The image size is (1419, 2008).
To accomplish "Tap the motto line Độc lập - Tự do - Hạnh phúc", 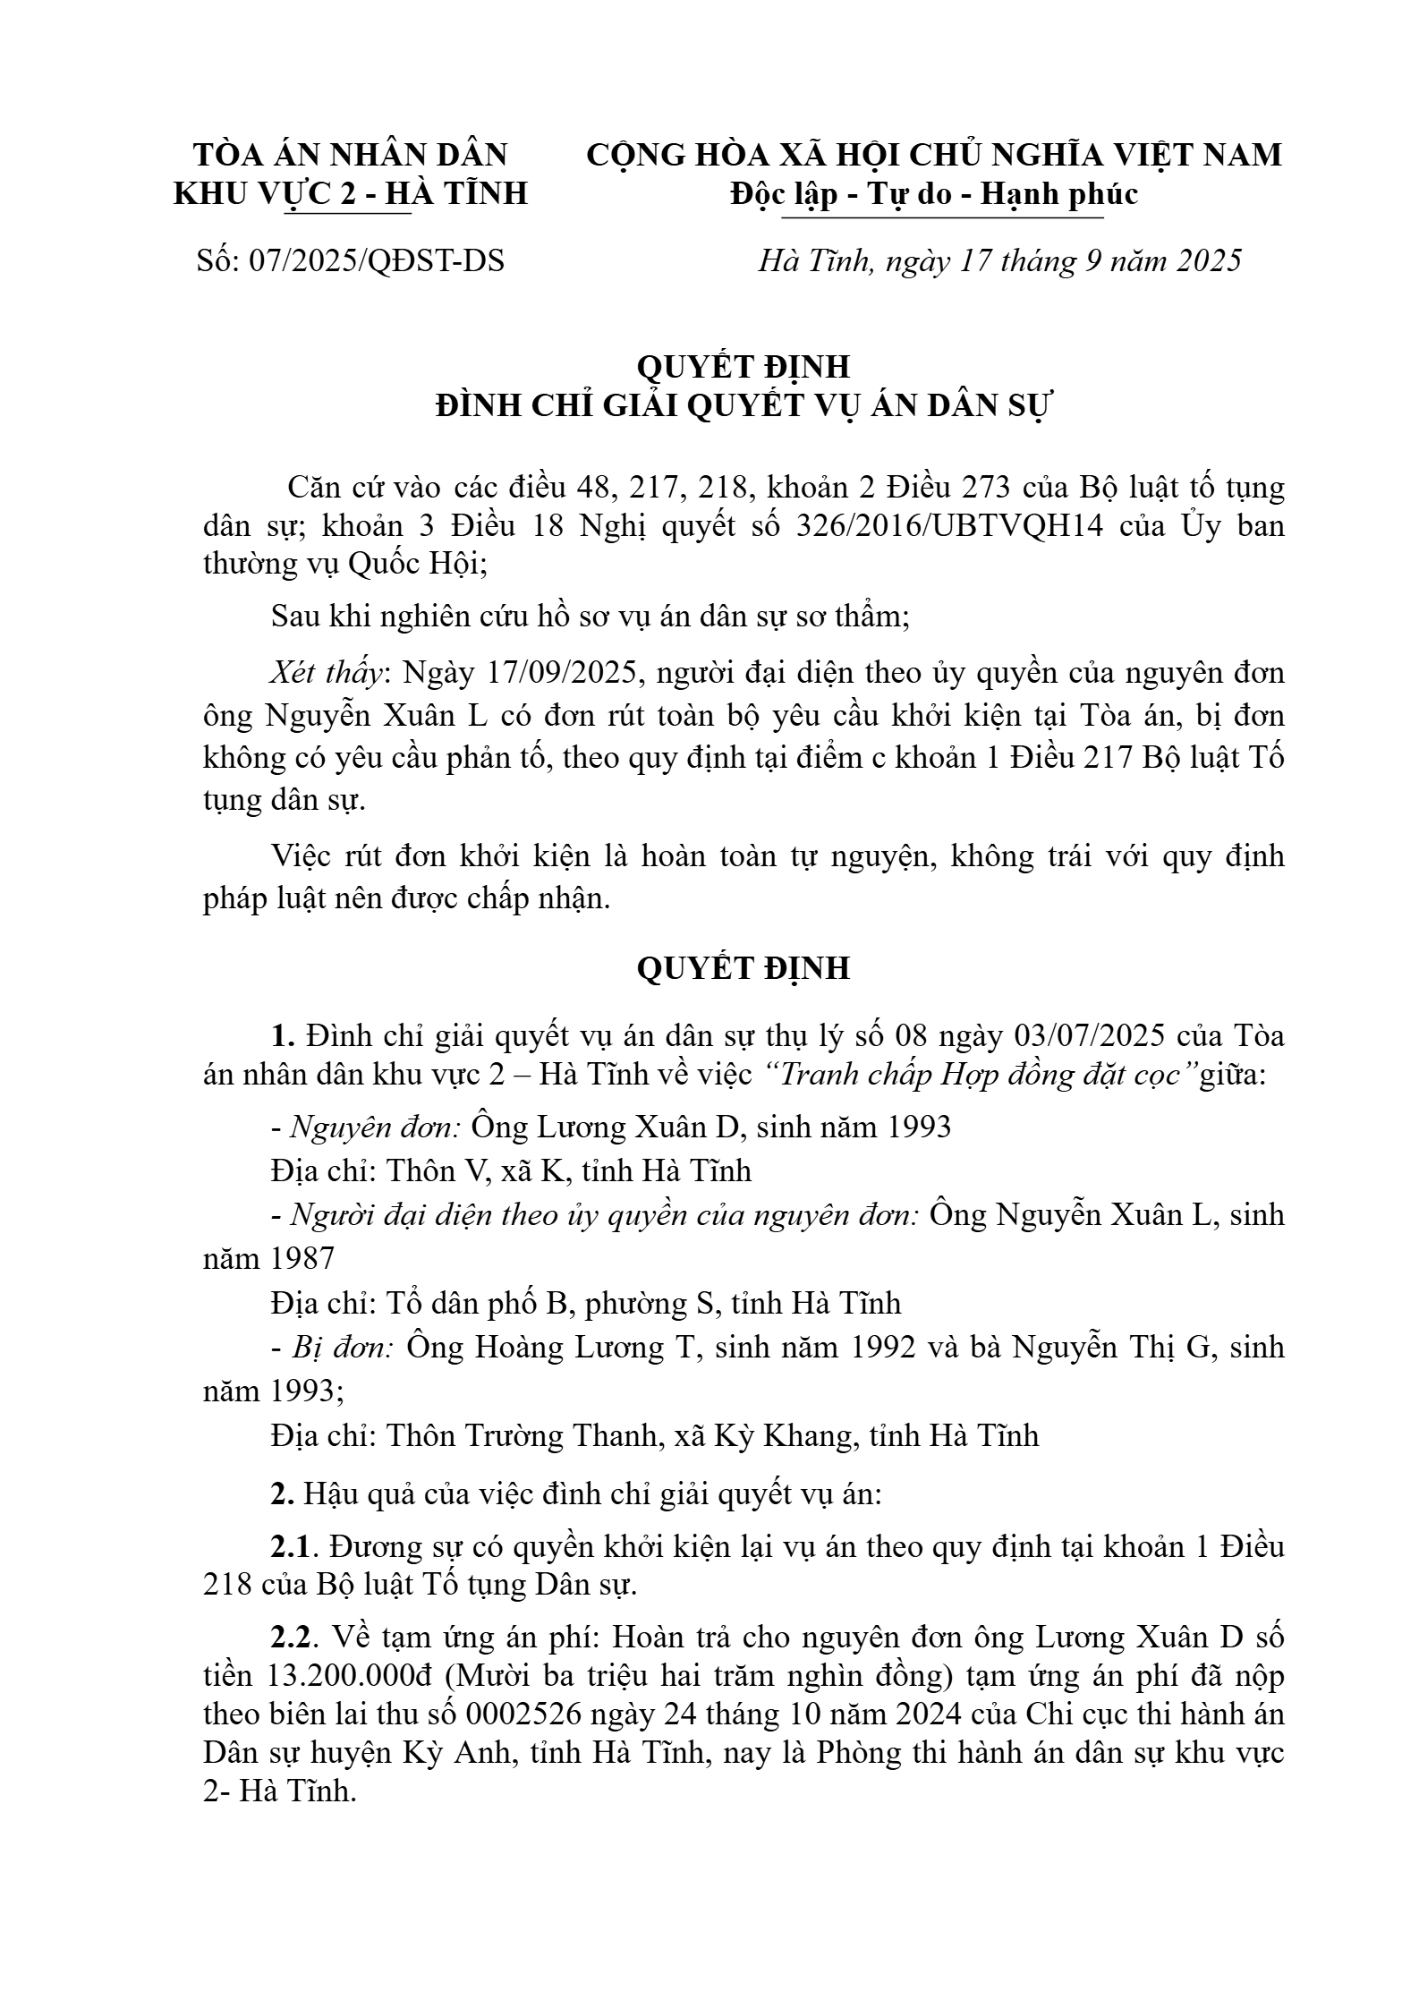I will (933, 193).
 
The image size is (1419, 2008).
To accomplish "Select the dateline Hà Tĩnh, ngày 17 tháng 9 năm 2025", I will (999, 261).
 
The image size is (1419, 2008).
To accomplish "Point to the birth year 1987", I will (302, 1258).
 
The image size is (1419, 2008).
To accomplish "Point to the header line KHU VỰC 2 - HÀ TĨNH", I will (351, 193).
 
